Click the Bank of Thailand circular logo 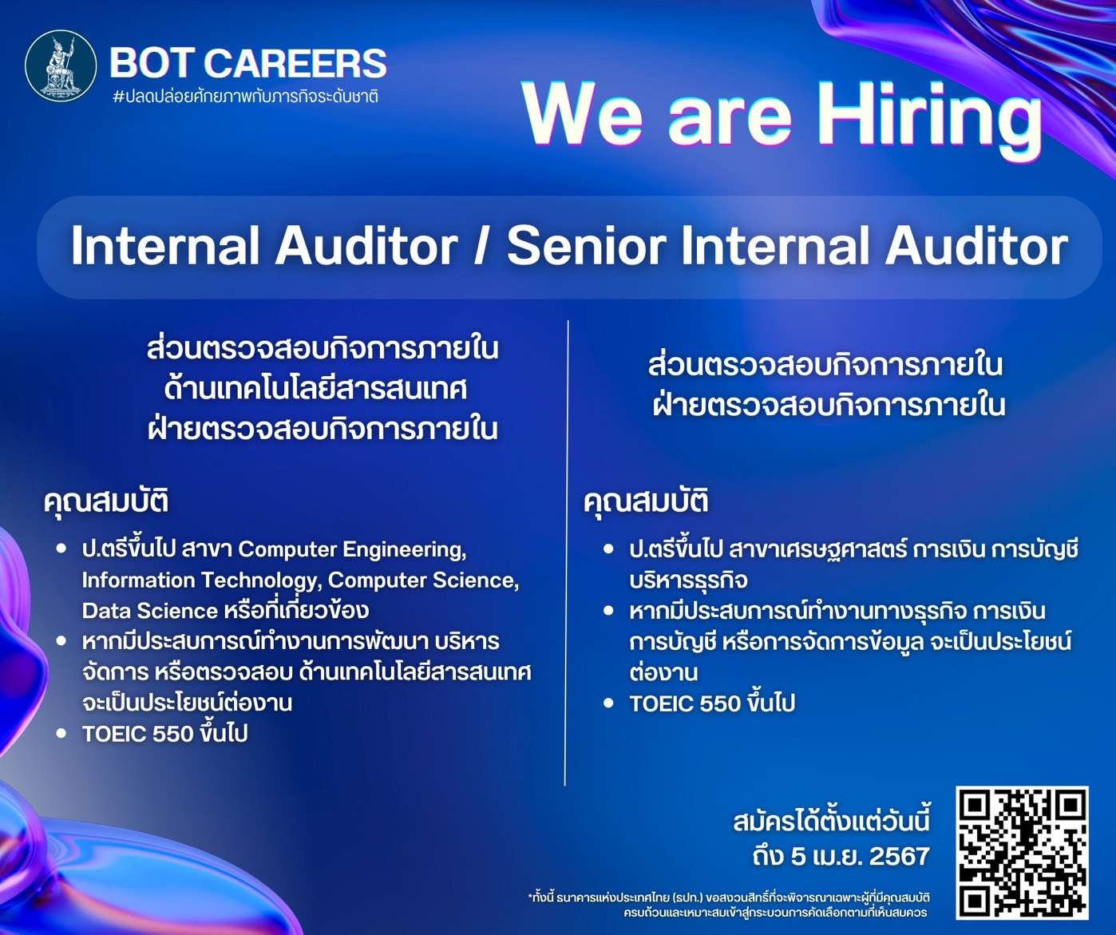click(x=61, y=65)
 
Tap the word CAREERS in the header click(x=295, y=63)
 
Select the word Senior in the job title click(x=586, y=246)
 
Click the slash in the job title click(x=481, y=246)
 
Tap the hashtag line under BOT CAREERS click(x=246, y=97)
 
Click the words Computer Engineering click(x=352, y=549)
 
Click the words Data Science click(x=149, y=611)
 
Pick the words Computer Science click(x=423, y=580)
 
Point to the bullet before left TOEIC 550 click(x=61, y=733)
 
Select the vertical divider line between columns click(x=567, y=553)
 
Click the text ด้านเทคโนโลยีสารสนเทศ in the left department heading click(x=316, y=389)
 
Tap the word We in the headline click(x=584, y=115)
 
